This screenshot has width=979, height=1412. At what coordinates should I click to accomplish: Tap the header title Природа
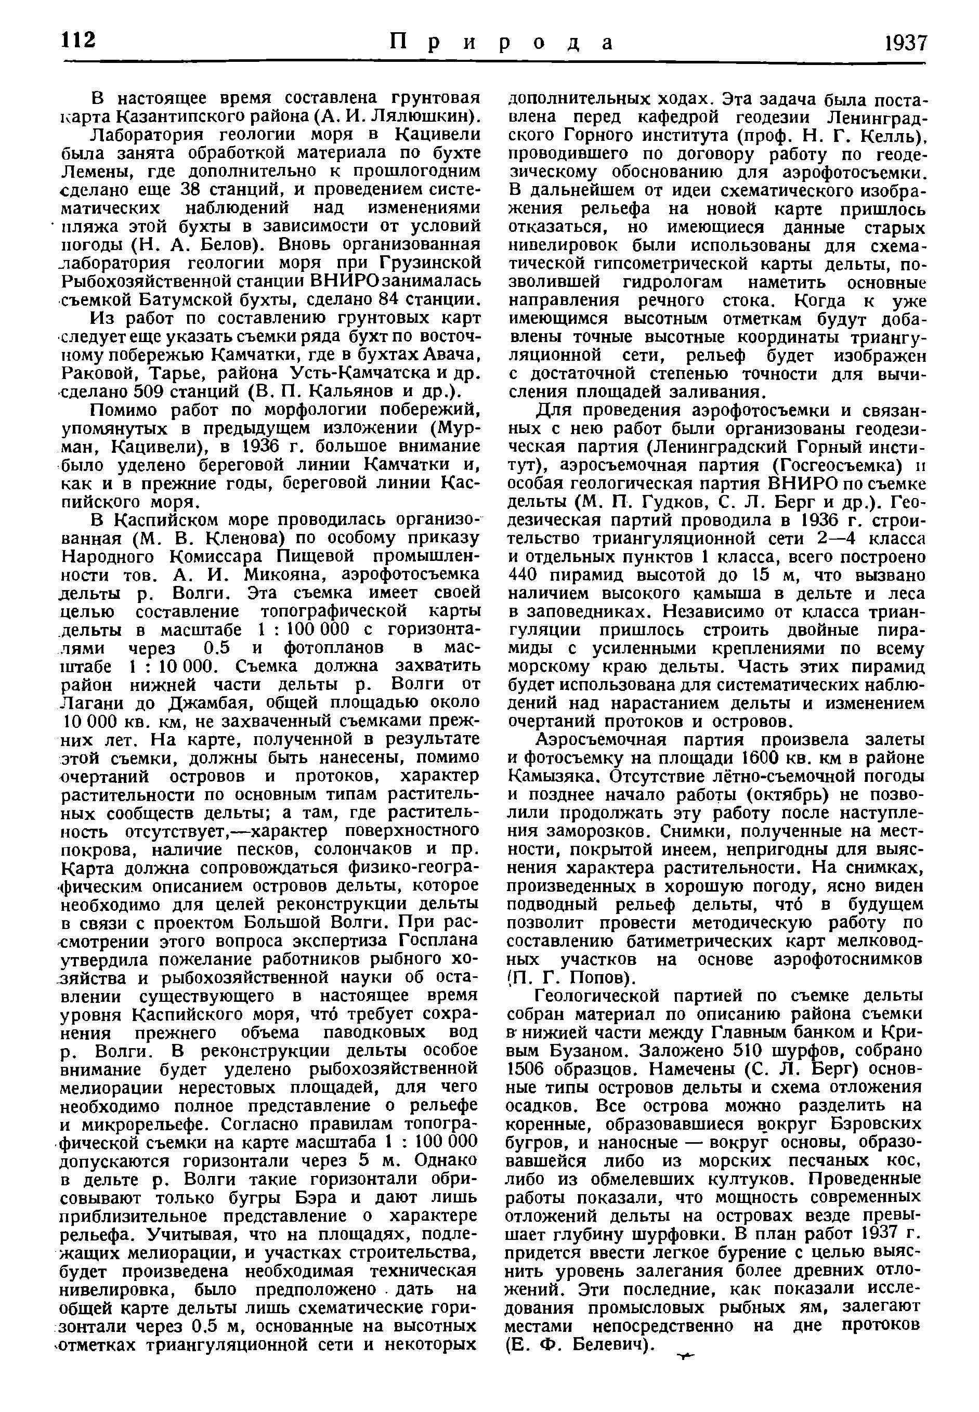coord(501,43)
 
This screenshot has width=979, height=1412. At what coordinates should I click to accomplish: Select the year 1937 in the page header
coord(905,43)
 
